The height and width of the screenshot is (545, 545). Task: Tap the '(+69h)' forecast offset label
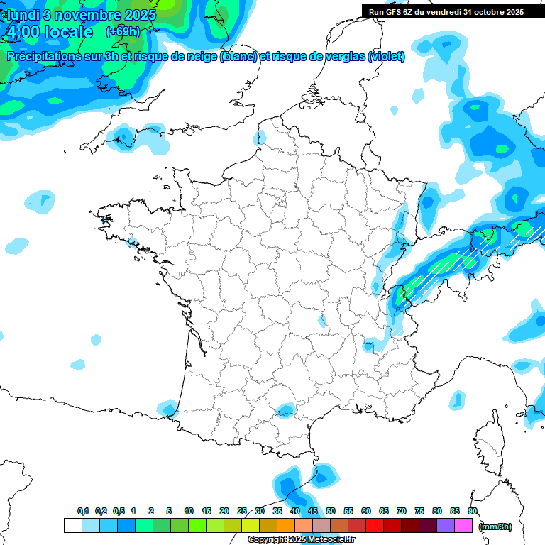(122, 32)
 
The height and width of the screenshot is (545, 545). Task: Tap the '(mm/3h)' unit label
(494, 527)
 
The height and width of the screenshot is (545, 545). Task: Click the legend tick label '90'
(473, 511)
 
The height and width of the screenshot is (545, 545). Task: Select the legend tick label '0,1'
(83, 511)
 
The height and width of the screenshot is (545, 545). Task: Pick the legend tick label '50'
(331, 511)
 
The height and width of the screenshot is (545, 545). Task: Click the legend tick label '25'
(242, 511)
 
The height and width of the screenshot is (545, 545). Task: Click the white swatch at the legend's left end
(72, 526)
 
